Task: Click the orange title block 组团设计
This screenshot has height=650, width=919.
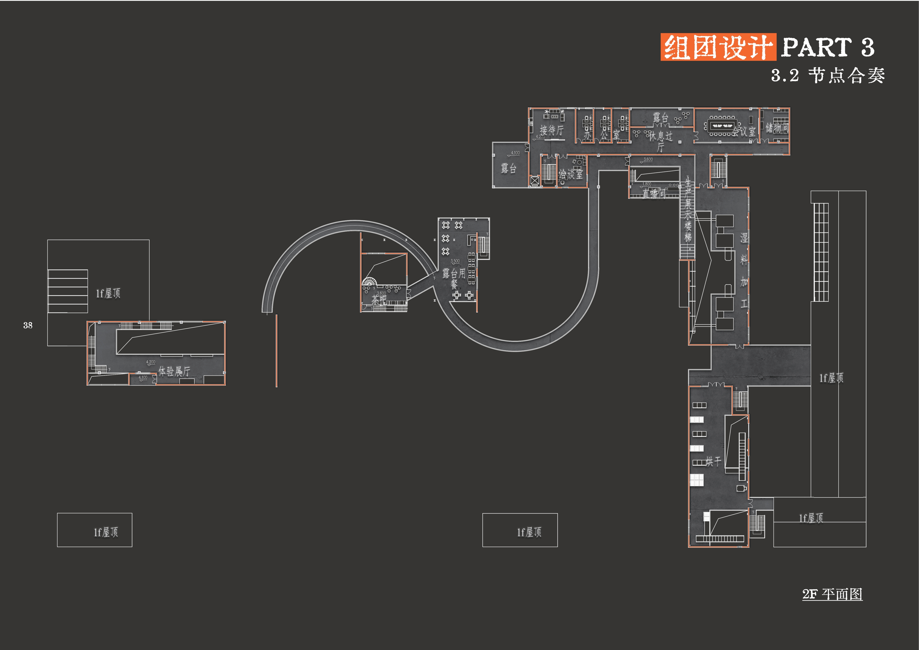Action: coord(718,47)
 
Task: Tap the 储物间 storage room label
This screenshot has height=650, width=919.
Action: coord(777,128)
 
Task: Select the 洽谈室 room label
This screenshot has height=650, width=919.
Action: coord(571,174)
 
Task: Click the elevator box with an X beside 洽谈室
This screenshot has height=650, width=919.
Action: coord(535,181)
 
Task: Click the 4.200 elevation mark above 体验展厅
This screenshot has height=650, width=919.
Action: coord(151,362)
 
